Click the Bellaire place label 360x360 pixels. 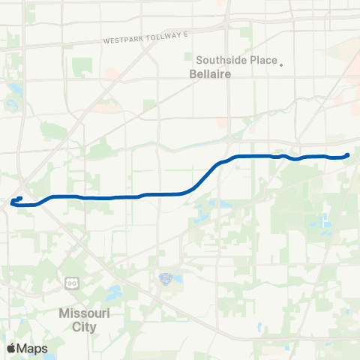(208, 75)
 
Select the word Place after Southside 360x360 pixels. (264, 61)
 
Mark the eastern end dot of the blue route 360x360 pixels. (347, 155)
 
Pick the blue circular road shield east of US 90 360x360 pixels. (166, 279)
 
